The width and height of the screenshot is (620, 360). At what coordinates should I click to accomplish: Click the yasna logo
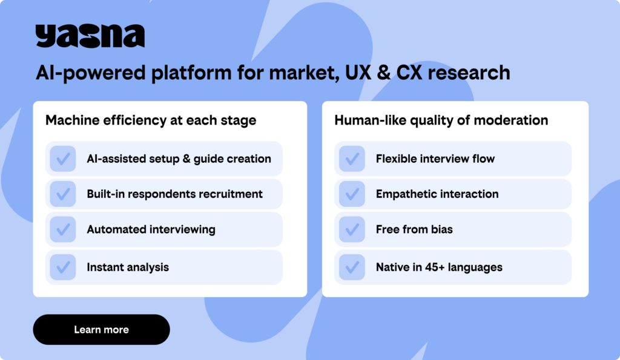tap(90, 36)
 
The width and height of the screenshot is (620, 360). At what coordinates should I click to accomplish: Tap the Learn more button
tap(102, 330)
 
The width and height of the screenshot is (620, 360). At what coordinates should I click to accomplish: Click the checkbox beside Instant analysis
tap(63, 267)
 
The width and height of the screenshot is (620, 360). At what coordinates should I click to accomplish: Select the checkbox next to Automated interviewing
tap(63, 229)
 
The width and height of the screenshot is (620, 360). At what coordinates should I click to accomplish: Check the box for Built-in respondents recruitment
tap(63, 194)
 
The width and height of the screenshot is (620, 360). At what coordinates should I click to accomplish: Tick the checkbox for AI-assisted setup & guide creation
tap(63, 159)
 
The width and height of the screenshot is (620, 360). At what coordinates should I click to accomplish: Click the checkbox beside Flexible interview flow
tap(352, 159)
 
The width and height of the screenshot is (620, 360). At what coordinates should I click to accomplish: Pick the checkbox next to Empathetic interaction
tap(352, 194)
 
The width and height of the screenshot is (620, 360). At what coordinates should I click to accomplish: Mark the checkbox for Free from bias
tap(352, 229)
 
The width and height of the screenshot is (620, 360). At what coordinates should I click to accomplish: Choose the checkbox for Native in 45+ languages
tap(352, 267)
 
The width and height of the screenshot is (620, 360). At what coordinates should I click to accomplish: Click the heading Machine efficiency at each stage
tap(151, 120)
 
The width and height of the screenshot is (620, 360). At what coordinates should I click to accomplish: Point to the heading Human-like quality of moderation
tap(441, 120)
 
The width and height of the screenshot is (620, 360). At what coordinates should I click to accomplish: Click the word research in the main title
tap(469, 73)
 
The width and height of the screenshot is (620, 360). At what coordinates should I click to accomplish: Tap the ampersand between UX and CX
tap(383, 73)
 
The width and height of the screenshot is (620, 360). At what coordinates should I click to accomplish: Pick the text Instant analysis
tap(128, 267)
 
